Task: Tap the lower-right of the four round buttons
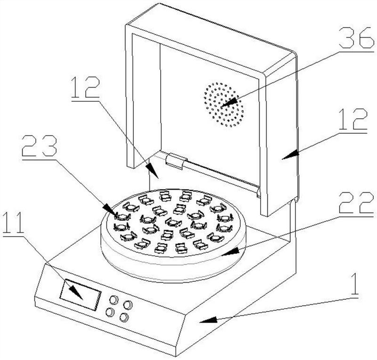coord(124,318)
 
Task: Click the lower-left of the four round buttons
coord(110,312)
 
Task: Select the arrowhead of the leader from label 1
coord(201,322)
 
